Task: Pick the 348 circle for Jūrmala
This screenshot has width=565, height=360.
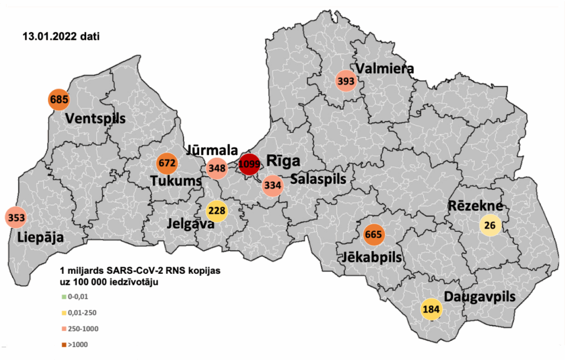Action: coord(216,168)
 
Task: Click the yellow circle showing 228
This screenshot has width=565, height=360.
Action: coord(216,211)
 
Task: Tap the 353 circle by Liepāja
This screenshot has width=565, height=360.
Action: coord(16,217)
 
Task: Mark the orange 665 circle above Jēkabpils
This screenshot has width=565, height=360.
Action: coord(374,234)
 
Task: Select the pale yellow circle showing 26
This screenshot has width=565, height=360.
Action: coord(489,225)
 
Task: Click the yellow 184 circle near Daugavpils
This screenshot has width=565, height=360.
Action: coord(431,309)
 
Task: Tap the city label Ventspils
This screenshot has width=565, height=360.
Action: coord(95,119)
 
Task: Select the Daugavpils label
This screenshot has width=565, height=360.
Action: coord(479,297)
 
